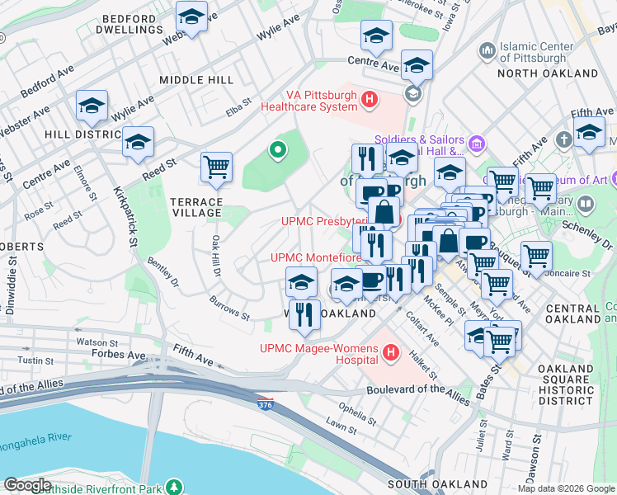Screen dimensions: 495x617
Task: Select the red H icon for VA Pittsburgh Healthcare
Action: (x=370, y=101)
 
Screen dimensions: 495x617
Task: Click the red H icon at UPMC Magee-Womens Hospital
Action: (x=392, y=356)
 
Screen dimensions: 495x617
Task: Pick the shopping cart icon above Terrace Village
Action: (x=216, y=167)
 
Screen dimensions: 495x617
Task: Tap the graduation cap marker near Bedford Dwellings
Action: (x=192, y=16)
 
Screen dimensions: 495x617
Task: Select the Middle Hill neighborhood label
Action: (x=196, y=80)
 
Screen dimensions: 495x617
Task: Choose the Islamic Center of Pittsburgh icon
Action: (x=487, y=51)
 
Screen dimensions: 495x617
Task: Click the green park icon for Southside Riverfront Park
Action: (x=174, y=485)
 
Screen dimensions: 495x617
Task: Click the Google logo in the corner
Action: (x=26, y=485)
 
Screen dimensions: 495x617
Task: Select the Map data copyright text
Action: (x=566, y=488)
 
